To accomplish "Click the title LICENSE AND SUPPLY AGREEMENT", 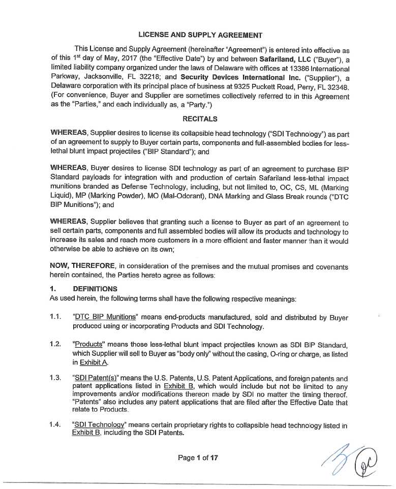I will click(x=200, y=35).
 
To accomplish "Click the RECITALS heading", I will click(x=200, y=119).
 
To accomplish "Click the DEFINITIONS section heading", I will click(x=95, y=289).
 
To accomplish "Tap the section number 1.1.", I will click(x=56, y=317).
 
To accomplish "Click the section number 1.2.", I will click(x=56, y=344).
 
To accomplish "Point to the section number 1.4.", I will click(x=56, y=424).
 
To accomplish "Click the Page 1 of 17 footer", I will click(x=198, y=458).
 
